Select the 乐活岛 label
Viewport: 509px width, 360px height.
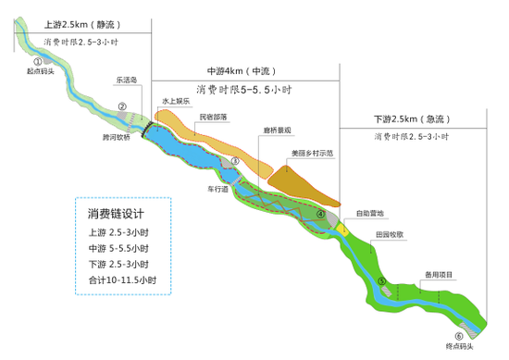click(126, 81)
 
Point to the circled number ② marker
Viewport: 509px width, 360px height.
click(121, 106)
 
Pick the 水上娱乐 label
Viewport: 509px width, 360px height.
click(176, 101)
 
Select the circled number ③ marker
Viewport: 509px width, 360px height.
click(235, 161)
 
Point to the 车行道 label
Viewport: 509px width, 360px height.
click(218, 188)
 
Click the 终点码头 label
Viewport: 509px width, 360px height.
click(459, 347)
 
